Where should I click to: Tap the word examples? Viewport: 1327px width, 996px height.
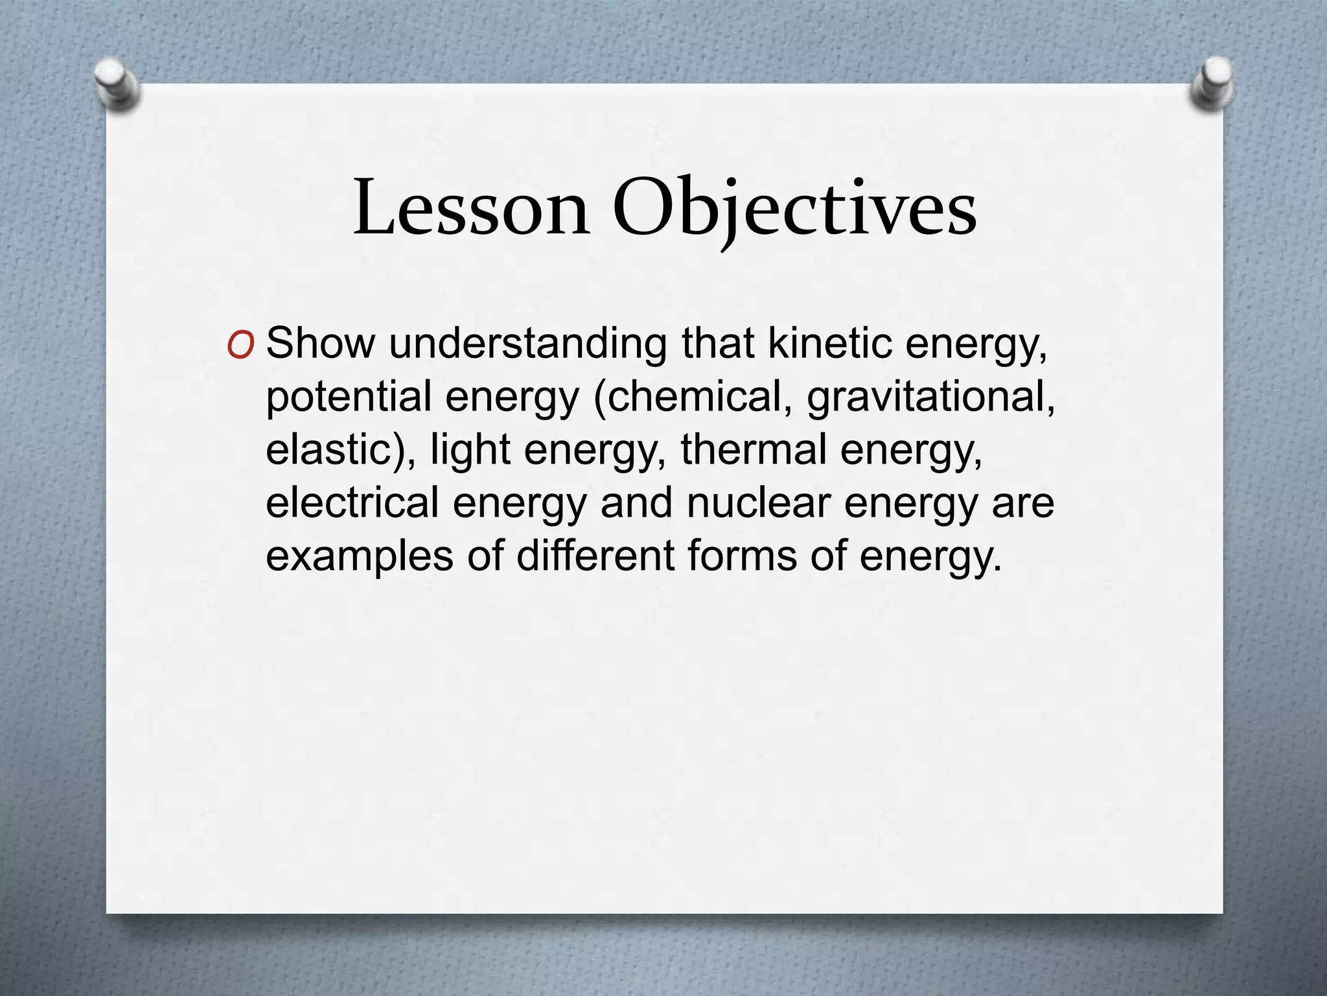(x=359, y=556)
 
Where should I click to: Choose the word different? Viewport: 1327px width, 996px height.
(x=594, y=556)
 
